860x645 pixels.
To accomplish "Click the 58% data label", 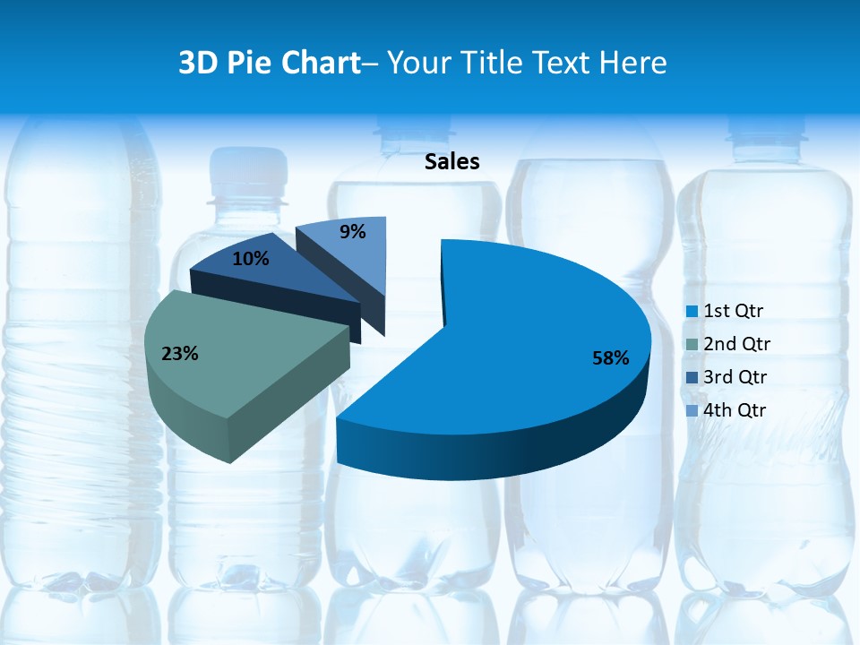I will pos(610,358).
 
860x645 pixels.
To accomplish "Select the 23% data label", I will pos(179,354).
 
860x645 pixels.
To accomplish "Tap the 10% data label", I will pos(250,259).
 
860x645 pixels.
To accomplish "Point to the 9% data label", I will pos(353,232).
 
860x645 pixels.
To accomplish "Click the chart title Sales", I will pos(451,161).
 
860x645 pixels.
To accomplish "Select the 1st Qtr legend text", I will pos(733,311).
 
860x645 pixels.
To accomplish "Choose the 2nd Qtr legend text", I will pos(736,344).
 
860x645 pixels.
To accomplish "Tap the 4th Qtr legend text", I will pos(735,410).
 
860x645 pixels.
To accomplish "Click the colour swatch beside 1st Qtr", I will pos(692,312).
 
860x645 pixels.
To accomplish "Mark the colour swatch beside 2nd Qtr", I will pos(692,345).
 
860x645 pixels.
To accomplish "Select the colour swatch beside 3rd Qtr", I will pos(692,378).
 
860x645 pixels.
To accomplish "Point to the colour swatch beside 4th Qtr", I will pos(692,411).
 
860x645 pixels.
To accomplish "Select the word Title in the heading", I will pos(492,63).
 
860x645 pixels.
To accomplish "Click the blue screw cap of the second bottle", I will pos(250,167).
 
